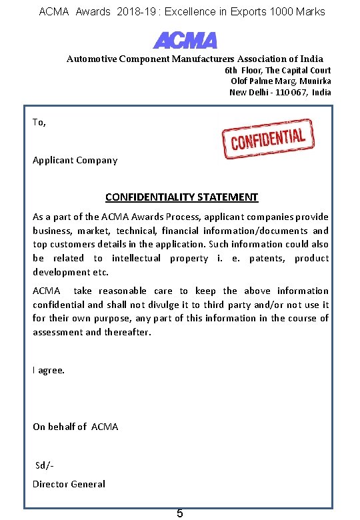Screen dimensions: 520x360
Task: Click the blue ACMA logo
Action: tap(185, 40)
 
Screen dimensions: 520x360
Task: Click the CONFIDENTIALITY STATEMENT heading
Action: tap(181, 197)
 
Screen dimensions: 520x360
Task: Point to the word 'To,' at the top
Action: tap(39, 122)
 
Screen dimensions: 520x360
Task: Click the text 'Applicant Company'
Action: tap(75, 160)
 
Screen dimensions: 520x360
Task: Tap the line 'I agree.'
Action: tap(49, 370)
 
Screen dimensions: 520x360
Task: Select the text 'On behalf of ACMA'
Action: tap(75, 427)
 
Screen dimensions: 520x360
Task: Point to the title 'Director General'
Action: tap(69, 484)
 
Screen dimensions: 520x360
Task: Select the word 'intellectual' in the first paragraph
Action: tap(136, 258)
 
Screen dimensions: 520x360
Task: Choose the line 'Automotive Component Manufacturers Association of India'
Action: tap(195, 59)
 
